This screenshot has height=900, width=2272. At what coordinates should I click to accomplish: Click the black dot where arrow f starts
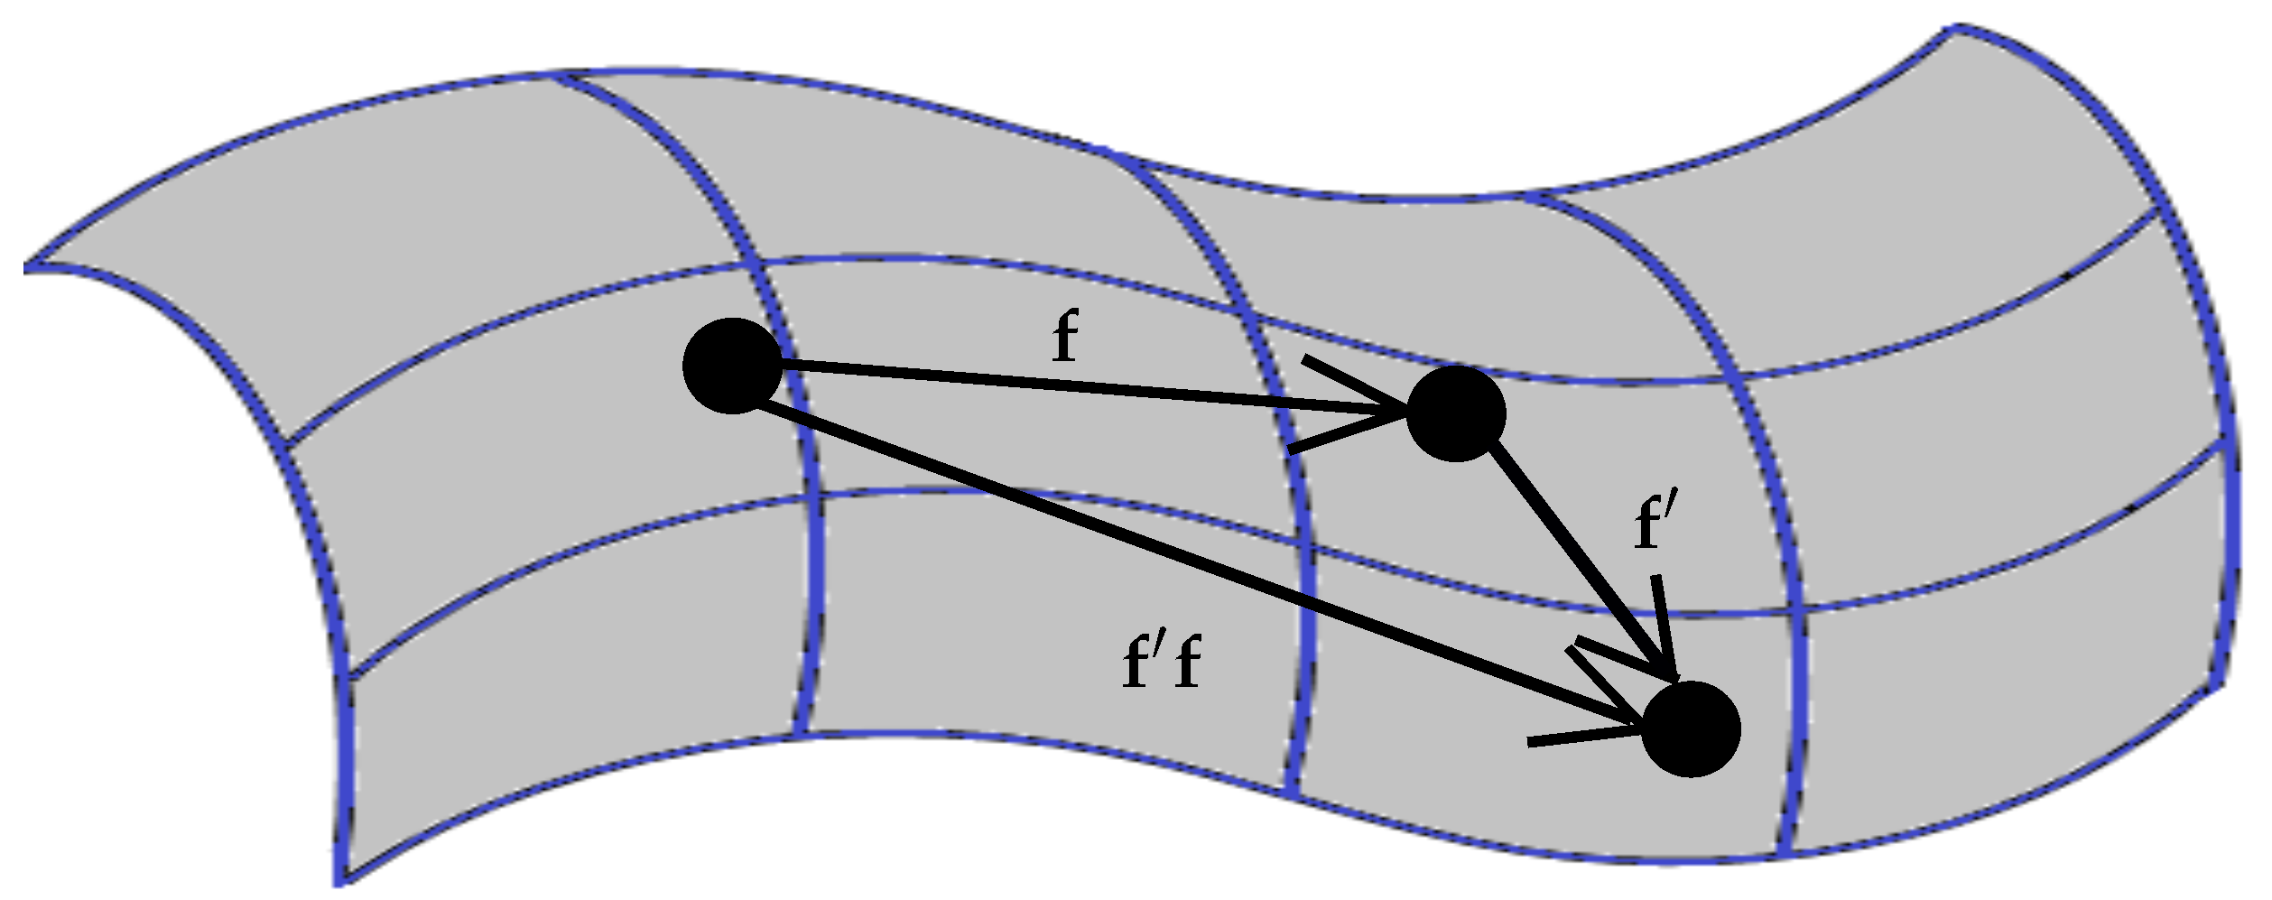(732, 366)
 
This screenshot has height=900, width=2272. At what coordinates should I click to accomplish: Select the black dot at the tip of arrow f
(1456, 413)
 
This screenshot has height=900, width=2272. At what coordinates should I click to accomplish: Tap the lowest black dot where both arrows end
(1691, 728)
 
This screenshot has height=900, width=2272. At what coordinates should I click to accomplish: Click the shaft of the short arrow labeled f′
(1581, 564)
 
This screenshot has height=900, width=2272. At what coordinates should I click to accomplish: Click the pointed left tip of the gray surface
(25, 267)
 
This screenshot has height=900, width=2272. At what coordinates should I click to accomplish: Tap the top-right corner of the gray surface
(1955, 28)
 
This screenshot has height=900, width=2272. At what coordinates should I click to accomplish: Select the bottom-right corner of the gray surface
(2217, 688)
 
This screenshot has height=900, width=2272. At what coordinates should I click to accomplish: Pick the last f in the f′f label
(1188, 664)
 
